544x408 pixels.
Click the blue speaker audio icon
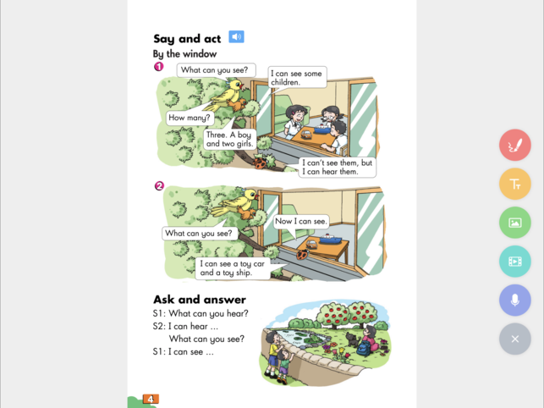236,36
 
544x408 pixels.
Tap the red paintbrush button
515,145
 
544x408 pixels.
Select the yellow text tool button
515,184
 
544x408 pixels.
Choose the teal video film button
515,261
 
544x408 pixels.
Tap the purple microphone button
515,300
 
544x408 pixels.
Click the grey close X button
515,339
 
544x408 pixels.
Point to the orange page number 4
151,399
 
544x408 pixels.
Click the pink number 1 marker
158,66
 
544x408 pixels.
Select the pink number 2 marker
159,185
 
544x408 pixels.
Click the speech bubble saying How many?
190,118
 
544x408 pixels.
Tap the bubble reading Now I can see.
301,222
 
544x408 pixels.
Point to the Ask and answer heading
200,300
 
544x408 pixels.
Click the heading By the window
184,54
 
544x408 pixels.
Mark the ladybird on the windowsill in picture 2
302,255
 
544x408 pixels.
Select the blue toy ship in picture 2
330,239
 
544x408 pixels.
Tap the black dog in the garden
353,339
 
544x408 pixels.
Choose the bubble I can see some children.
297,78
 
